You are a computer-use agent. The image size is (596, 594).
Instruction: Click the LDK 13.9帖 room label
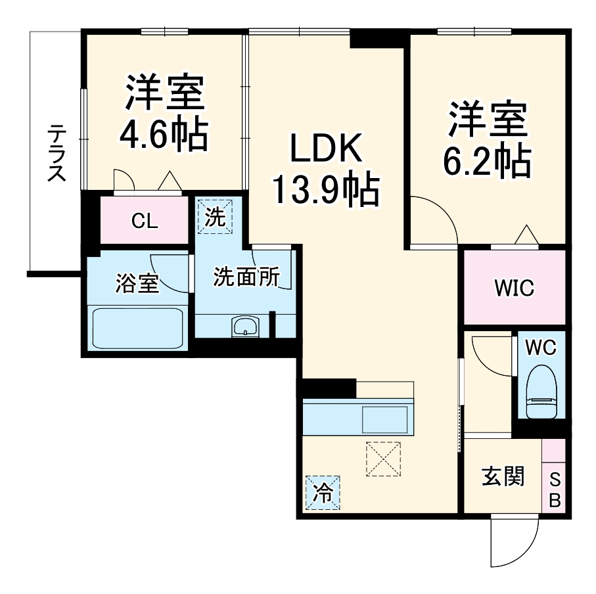click(325, 170)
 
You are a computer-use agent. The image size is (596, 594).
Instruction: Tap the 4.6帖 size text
click(164, 133)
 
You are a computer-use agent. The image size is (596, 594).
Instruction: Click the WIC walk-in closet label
click(515, 287)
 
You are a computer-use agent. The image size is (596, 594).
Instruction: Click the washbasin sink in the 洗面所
click(246, 326)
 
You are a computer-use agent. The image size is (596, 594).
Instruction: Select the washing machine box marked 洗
click(215, 216)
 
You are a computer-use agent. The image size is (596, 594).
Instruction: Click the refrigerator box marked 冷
click(323, 492)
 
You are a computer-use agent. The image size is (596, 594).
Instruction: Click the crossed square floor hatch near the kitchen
click(383, 458)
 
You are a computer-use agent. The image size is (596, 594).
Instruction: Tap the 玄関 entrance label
click(503, 476)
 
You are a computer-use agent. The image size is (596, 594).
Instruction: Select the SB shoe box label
click(554, 489)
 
